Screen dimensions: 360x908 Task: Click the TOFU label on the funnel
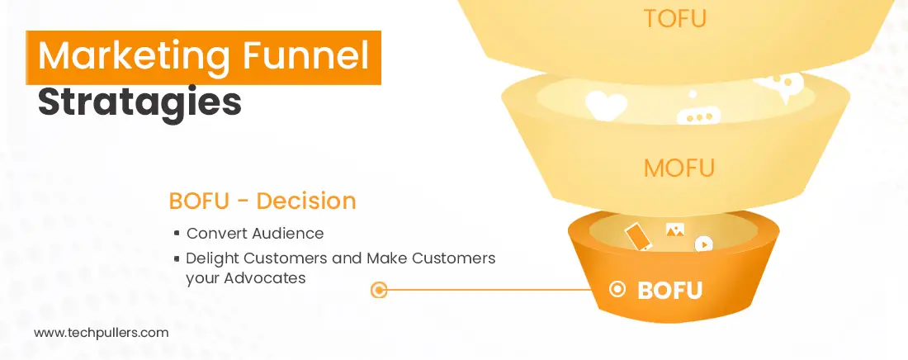(674, 19)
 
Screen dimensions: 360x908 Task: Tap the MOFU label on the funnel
(679, 169)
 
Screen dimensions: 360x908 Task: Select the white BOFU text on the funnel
(669, 291)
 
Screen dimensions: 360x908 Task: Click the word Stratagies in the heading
(140, 103)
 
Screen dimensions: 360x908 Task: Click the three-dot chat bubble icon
(698, 117)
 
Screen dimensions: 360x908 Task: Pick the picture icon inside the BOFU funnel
(674, 231)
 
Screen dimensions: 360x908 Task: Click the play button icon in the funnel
(703, 244)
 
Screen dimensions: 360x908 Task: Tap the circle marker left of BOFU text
(617, 290)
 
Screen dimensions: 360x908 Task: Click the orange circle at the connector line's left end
(379, 290)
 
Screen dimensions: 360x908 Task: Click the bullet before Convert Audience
(177, 234)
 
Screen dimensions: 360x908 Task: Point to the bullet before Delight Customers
(177, 258)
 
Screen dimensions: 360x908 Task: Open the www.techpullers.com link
(101, 333)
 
